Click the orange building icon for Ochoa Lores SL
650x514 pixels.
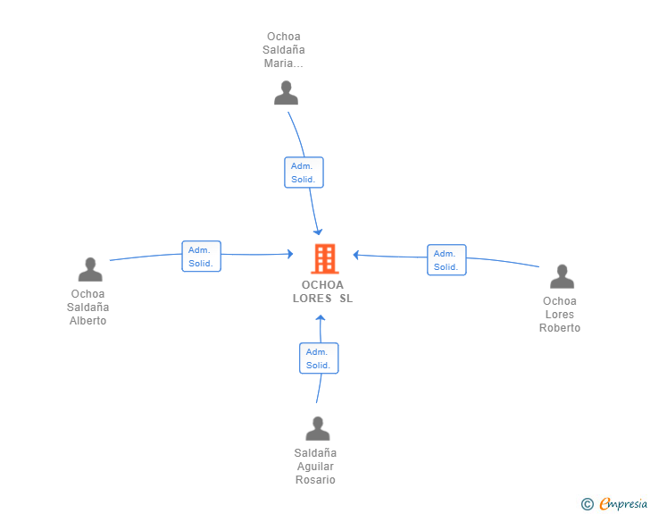tap(323, 258)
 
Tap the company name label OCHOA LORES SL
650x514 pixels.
tap(323, 291)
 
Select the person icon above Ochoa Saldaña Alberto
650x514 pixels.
tap(90, 269)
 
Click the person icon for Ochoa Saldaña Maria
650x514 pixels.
tap(286, 93)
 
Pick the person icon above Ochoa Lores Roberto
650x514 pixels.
tap(561, 276)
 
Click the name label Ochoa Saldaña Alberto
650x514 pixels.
tap(88, 308)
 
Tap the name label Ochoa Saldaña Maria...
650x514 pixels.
tap(285, 50)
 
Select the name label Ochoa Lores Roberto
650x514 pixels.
tap(560, 315)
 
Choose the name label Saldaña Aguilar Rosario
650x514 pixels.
tap(315, 467)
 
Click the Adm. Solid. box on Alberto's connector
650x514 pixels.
tap(201, 257)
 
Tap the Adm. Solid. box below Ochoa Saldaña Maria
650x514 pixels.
tap(304, 173)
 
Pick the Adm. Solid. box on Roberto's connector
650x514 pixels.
tap(446, 260)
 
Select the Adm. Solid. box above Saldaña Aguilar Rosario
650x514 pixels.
tap(319, 358)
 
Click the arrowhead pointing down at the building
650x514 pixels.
tap(318, 232)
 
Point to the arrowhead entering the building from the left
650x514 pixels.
tap(289, 254)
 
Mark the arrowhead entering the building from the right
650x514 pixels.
tap(356, 255)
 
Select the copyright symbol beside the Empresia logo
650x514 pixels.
tap(587, 504)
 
